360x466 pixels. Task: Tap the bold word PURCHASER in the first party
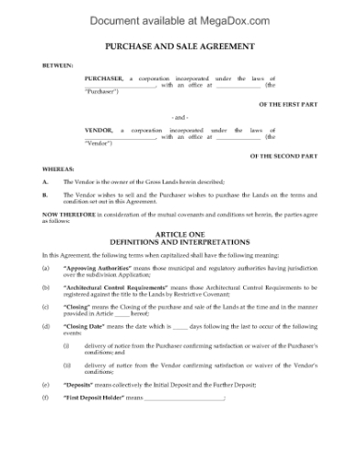click(x=103, y=79)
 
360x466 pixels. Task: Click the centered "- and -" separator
click(x=180, y=118)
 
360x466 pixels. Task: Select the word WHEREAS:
click(x=58, y=170)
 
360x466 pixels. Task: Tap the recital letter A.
click(x=45, y=183)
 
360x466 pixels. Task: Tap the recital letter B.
click(x=45, y=196)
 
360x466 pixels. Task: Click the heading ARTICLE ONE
click(x=180, y=235)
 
